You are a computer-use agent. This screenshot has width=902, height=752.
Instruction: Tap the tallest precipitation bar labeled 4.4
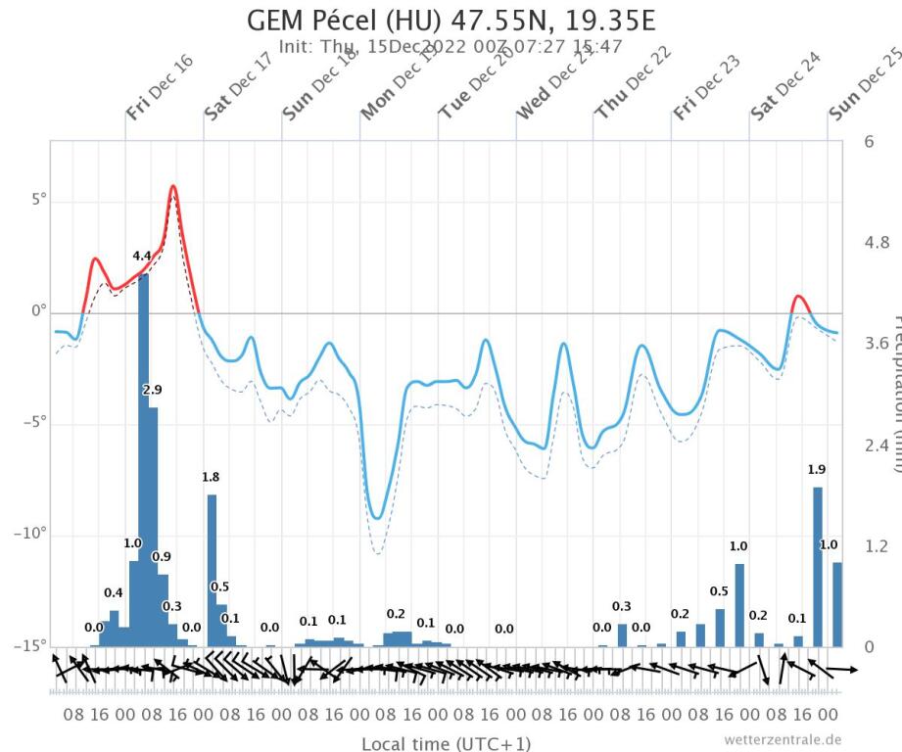point(143,460)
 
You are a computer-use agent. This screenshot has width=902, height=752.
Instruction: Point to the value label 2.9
point(152,390)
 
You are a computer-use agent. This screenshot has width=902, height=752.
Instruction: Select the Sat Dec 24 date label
point(786,88)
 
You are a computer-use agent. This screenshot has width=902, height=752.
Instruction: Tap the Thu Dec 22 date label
point(630,88)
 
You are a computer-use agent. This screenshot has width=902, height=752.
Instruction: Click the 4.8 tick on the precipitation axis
point(876,243)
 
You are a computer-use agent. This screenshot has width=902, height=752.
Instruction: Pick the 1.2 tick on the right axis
point(876,545)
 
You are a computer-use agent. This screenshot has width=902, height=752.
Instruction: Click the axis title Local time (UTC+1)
point(448,743)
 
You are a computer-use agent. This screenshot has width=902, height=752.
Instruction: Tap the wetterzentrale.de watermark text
point(783,739)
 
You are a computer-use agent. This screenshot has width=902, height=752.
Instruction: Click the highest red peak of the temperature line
point(173,186)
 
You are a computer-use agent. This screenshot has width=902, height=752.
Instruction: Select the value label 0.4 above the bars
point(114,593)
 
